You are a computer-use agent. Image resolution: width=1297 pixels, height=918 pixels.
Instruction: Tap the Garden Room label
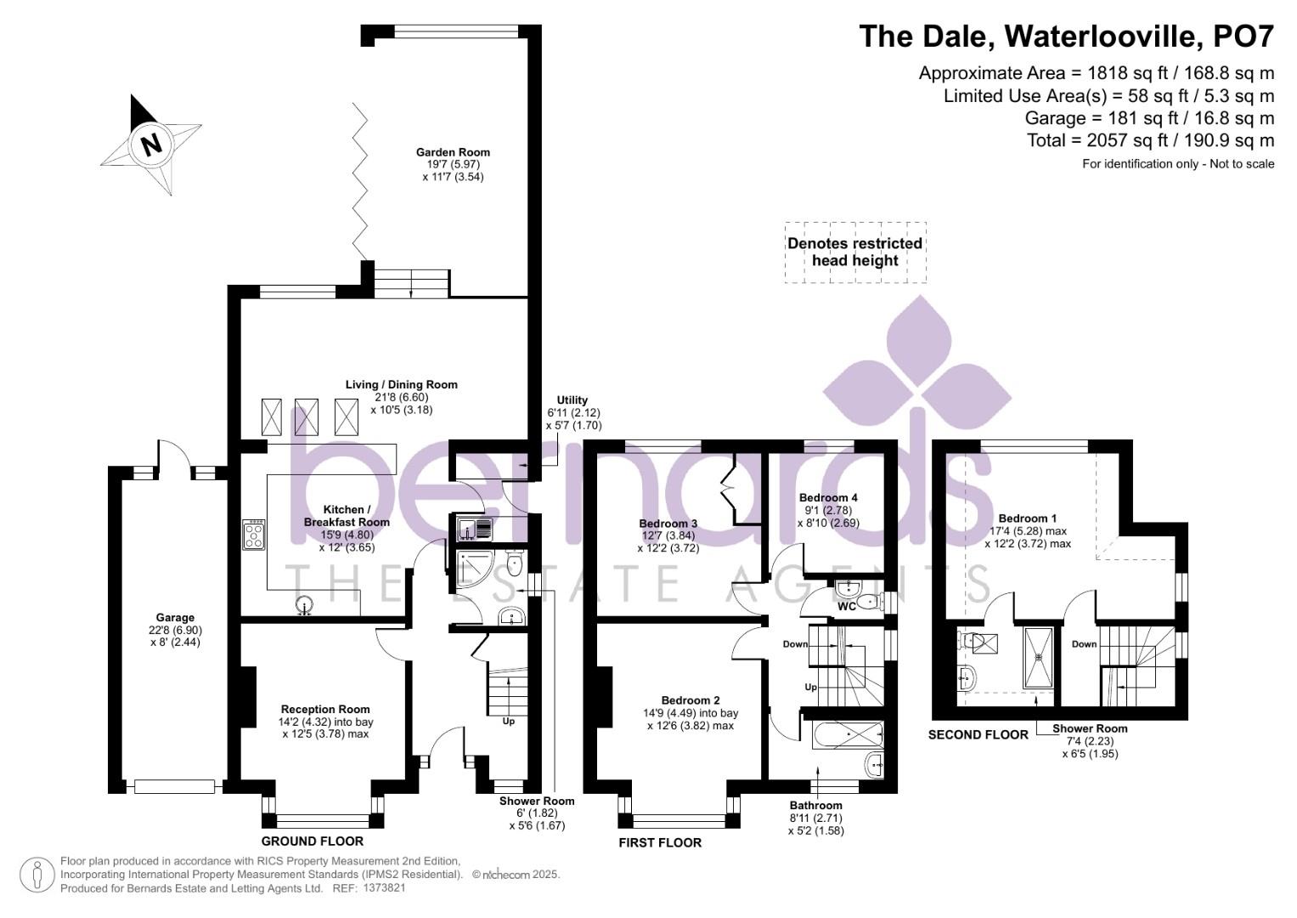click(453, 152)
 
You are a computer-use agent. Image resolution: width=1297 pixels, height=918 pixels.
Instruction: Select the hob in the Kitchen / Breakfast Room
click(254, 534)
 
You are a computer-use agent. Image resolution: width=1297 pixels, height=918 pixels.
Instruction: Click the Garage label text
click(175, 618)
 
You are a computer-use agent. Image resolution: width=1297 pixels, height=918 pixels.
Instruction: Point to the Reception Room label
click(325, 709)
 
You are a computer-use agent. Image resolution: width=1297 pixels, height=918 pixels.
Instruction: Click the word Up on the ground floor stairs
click(509, 721)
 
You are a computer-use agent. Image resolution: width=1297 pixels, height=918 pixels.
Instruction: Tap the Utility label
click(572, 400)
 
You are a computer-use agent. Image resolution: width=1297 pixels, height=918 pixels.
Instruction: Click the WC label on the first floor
click(846, 607)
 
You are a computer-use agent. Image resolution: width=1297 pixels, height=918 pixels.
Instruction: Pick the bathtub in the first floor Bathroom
click(848, 734)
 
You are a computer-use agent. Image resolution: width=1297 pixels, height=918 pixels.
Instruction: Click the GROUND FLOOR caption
click(312, 841)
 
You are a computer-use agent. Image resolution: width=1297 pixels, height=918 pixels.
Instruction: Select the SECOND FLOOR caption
click(978, 734)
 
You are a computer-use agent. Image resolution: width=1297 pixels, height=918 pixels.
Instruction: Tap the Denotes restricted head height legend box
click(854, 252)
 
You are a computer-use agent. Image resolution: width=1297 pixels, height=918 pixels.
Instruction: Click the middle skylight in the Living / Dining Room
click(306, 416)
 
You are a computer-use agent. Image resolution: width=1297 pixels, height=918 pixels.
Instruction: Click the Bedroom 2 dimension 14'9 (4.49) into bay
click(690, 713)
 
